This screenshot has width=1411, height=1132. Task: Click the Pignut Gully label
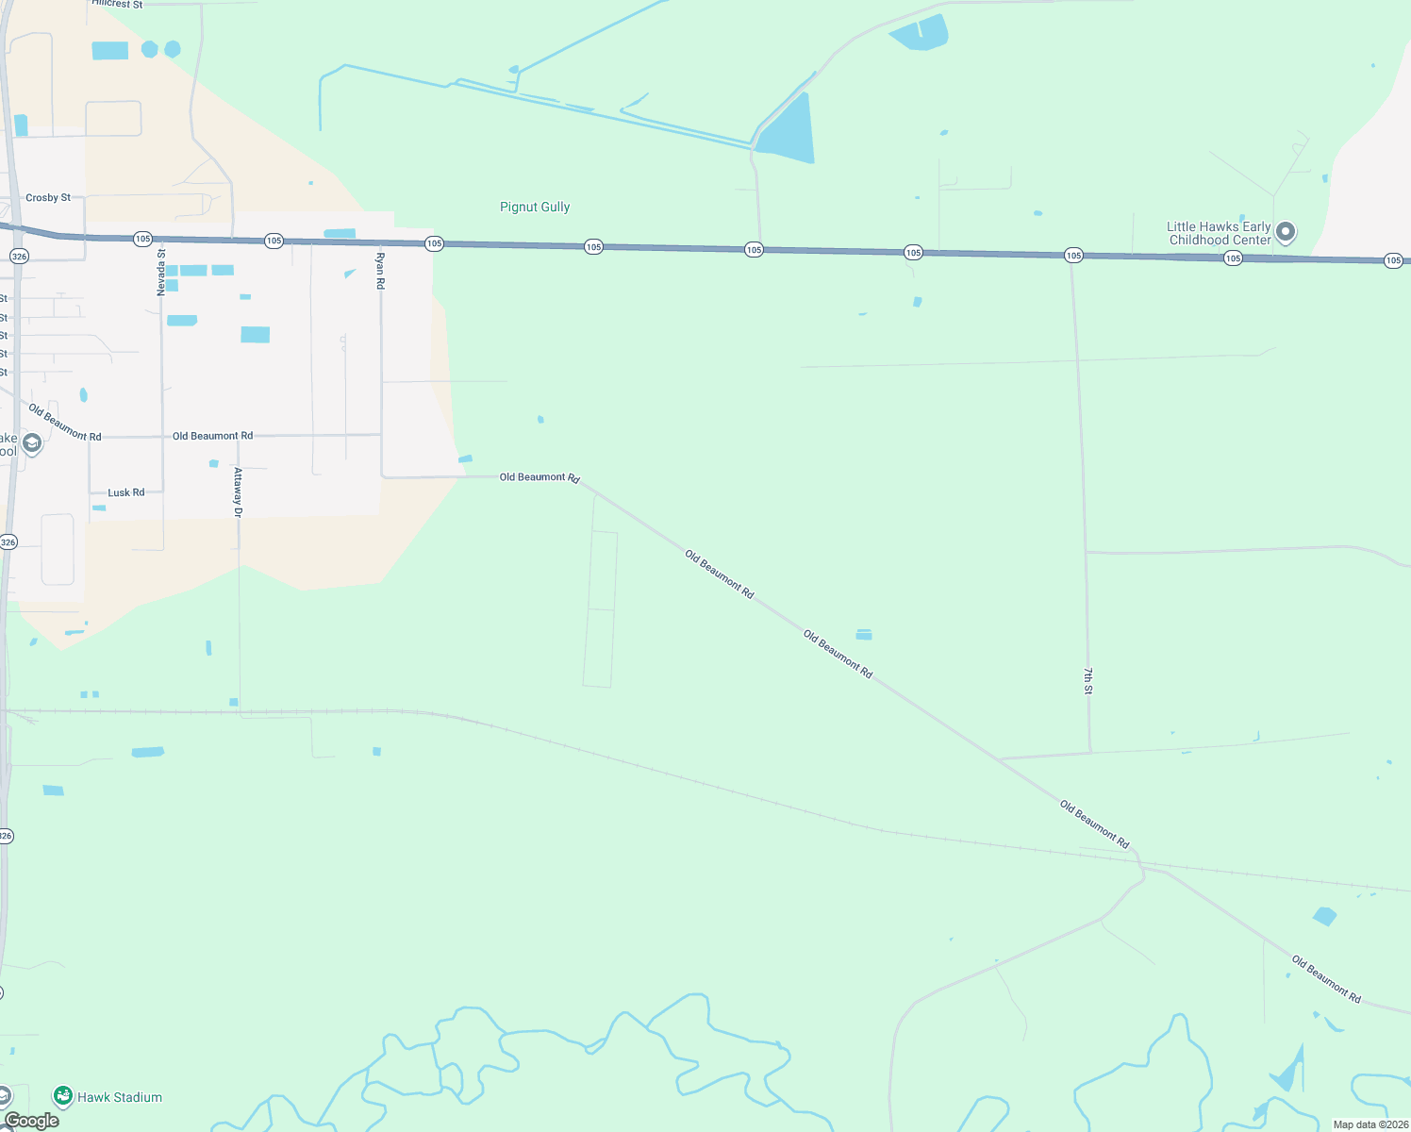click(x=535, y=207)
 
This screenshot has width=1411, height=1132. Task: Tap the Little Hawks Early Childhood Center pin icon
click(x=1285, y=232)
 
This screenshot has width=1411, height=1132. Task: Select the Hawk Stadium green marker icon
click(x=63, y=1096)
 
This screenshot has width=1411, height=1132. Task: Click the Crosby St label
click(x=48, y=198)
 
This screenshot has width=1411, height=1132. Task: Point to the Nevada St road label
click(x=161, y=273)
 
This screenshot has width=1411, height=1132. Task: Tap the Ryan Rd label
click(x=380, y=271)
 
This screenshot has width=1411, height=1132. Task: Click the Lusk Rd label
click(x=126, y=492)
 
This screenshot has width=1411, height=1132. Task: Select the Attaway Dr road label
click(x=238, y=492)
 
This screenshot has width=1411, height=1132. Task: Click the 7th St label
click(x=1087, y=681)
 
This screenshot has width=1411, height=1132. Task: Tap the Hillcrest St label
click(x=117, y=5)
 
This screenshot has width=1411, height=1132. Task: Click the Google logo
click(x=32, y=1121)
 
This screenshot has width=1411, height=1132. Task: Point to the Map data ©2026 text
click(x=1370, y=1124)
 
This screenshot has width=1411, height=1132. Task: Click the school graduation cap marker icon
click(x=32, y=443)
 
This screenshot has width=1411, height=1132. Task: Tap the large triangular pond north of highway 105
click(x=787, y=130)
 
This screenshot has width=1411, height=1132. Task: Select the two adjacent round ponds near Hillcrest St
click(x=160, y=49)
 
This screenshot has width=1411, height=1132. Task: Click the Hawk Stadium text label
click(x=120, y=1097)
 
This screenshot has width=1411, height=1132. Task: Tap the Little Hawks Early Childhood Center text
click(x=1219, y=233)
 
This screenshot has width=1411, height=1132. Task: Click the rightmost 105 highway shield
click(x=1393, y=260)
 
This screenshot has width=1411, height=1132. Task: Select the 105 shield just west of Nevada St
click(x=142, y=239)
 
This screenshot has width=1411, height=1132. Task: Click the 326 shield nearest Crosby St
click(x=19, y=257)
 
